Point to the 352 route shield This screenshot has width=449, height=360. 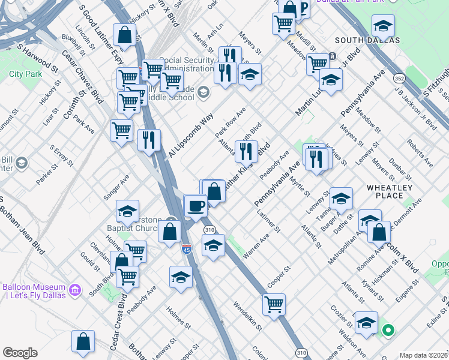click(x=399, y=79)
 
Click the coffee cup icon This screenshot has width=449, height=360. click(x=196, y=206)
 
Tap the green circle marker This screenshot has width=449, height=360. click(x=388, y=329)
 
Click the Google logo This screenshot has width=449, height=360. click(x=19, y=353)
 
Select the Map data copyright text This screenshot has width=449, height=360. click(x=423, y=355)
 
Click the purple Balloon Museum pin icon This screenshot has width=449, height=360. click(x=75, y=290)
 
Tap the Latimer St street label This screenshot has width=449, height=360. click(x=268, y=221)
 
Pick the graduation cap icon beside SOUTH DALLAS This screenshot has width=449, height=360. click(x=383, y=26)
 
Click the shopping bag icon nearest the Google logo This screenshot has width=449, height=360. click(x=83, y=341)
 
